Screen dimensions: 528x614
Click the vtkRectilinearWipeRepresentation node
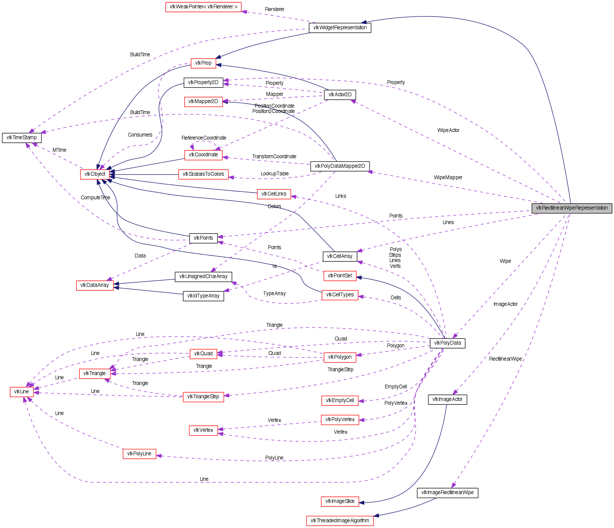click(x=572, y=208)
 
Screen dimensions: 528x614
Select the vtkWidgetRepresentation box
click(x=340, y=28)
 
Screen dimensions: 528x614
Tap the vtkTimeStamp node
click(x=22, y=138)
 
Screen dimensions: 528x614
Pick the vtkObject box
click(x=95, y=174)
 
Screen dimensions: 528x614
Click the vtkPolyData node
click(x=447, y=343)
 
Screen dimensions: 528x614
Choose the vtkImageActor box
click(x=447, y=399)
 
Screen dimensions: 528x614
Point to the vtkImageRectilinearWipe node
click(x=447, y=493)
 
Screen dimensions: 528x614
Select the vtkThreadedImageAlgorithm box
click(x=340, y=521)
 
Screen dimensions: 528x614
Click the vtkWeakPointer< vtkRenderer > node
click(x=203, y=7)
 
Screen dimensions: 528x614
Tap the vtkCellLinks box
click(x=274, y=194)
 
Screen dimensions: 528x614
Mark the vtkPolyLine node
click(x=139, y=454)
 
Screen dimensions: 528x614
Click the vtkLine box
click(x=22, y=392)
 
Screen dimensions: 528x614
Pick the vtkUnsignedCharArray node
click(x=203, y=277)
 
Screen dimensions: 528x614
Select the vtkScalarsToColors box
click(x=203, y=174)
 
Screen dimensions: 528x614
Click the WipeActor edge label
click(x=448, y=130)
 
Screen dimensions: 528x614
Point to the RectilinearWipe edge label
click(x=506, y=359)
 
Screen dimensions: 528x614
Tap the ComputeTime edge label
click(x=95, y=198)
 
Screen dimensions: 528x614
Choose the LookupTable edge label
click(x=274, y=174)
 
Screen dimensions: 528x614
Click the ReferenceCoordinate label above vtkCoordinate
click(x=204, y=138)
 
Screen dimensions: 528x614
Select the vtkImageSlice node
click(x=340, y=501)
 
